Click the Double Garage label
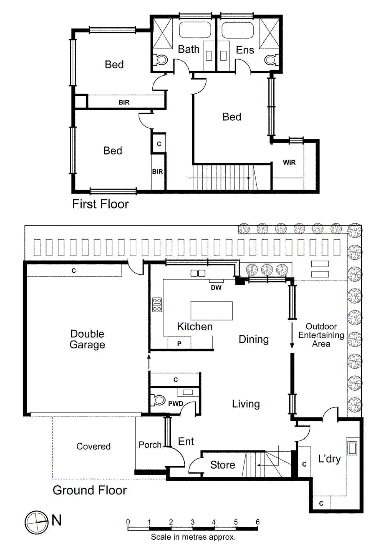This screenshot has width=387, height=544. pos(87,339)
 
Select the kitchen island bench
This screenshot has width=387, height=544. pos(211,310)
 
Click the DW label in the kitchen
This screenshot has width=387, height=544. pos(216,287)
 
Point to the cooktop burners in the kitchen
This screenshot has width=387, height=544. pos(157,305)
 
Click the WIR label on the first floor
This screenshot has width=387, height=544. pos(289,162)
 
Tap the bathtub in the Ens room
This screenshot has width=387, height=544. pos(237,30)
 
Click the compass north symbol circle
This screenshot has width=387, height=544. pos(36,522)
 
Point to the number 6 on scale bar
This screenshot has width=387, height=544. pos(257,522)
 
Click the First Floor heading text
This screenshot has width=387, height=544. pos(100,204)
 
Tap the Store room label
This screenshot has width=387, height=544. pos(222,465)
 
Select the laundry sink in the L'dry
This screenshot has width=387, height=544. pos(352,448)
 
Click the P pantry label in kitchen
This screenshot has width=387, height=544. pos(179,344)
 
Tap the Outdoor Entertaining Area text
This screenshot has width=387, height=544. pos(321,335)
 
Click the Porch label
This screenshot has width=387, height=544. pos(150,445)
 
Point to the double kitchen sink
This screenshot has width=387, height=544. pos(198,273)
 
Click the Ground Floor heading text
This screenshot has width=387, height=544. pos(90,490)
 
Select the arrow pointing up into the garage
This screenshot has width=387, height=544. pos(149,361)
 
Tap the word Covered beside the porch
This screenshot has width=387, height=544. pos(93,446)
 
